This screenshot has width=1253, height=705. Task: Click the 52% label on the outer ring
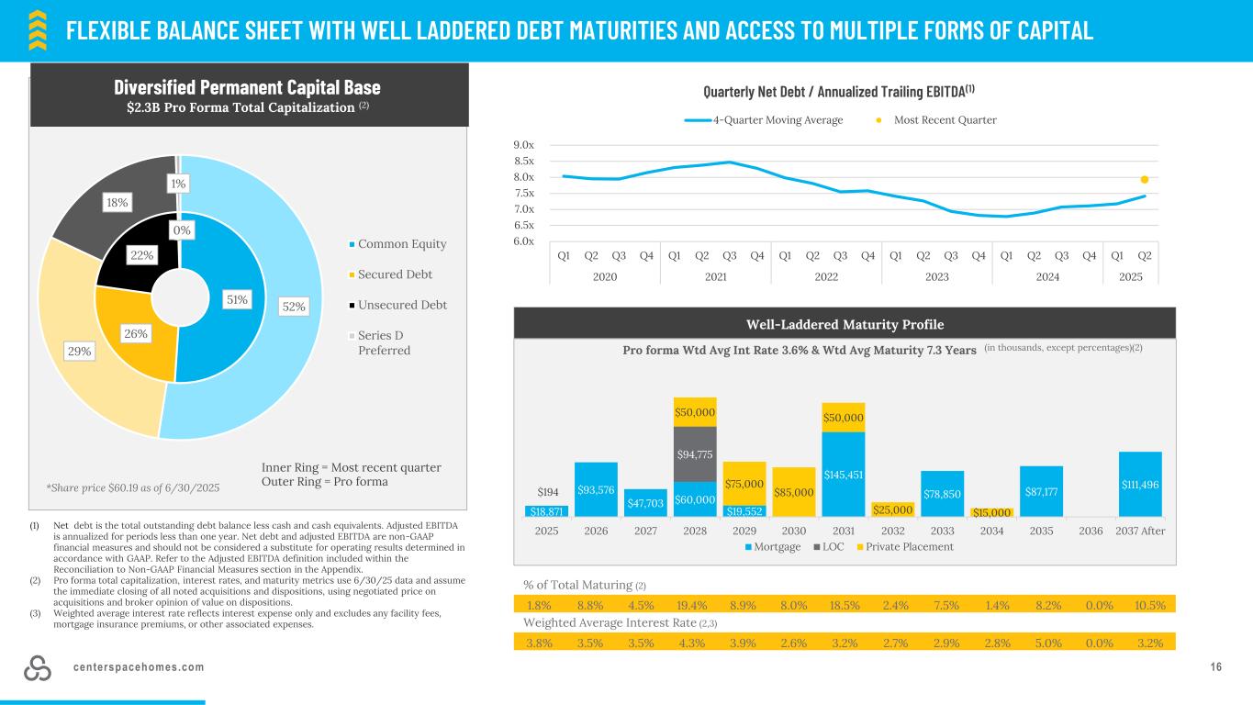[294, 306]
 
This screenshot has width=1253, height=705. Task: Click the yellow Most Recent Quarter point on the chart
[1145, 180]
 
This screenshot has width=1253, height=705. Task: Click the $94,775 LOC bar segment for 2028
[695, 453]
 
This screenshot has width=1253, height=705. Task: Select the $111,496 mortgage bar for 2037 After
[1140, 484]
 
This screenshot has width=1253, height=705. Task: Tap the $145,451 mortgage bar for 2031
[844, 474]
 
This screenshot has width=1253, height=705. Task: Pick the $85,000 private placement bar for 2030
[794, 492]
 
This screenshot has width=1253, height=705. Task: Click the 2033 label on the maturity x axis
[943, 530]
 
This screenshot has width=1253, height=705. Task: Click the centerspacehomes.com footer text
[139, 666]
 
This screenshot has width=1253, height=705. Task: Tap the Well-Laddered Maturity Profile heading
[844, 324]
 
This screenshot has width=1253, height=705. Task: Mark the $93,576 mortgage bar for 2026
[596, 490]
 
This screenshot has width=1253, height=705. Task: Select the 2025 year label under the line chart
[1130, 275]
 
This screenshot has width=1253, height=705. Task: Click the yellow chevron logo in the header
[36, 29]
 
